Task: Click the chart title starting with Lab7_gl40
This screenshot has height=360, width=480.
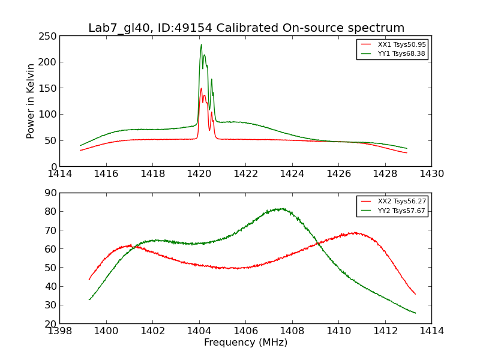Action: (246, 28)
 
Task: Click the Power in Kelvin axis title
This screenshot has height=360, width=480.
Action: (31, 101)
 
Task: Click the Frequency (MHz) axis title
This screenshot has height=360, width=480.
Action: (245, 343)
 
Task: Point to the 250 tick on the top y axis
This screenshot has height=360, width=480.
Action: (48, 36)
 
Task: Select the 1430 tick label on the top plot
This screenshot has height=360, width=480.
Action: (431, 174)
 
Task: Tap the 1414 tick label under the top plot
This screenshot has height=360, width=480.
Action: (60, 174)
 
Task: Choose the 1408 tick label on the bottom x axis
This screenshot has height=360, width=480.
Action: (292, 331)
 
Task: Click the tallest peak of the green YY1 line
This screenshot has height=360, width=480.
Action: (201, 44)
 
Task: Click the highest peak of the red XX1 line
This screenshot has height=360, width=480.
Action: (201, 89)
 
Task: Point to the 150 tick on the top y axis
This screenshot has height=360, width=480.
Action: (48, 88)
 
